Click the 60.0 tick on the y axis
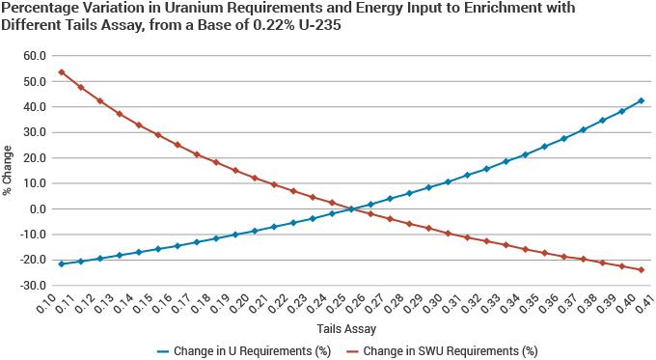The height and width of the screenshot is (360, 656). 36,56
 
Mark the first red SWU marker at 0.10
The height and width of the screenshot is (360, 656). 62,71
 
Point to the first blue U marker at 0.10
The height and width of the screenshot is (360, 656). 62,263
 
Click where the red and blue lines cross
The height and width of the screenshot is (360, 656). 353,208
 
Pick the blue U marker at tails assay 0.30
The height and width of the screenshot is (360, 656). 448,181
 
